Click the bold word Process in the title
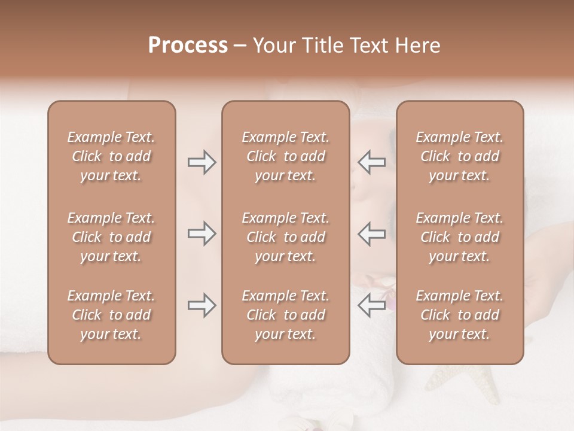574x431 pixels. [188, 45]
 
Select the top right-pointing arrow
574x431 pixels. [201, 162]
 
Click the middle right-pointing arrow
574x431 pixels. [201, 233]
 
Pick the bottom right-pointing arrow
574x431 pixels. [201, 305]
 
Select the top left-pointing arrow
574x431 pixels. [371, 162]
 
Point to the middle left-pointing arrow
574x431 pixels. [371, 233]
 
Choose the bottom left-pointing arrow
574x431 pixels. [371, 305]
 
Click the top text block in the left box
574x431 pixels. [111, 156]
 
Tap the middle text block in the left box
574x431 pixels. [111, 237]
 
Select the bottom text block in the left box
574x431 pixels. [111, 315]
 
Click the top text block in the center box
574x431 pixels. [285, 156]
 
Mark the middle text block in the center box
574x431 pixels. [285, 237]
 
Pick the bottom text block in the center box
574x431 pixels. [285, 315]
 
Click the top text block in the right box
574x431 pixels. [459, 156]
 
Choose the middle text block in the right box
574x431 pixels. [459, 237]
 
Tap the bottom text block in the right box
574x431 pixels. [459, 315]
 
